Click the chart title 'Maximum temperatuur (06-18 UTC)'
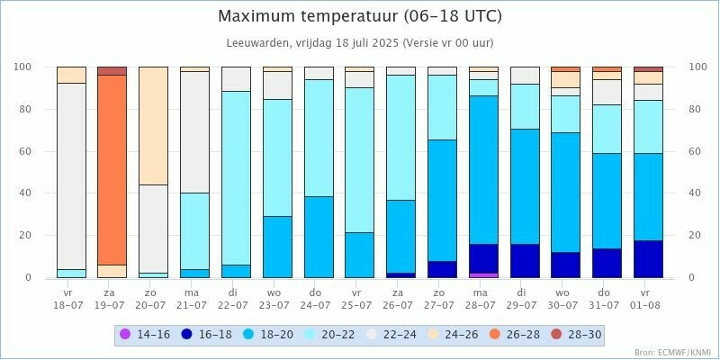coord(360,17)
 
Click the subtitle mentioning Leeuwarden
coord(360,42)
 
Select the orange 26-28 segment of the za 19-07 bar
coord(112,169)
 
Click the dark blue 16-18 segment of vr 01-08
coord(648,259)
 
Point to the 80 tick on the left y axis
coord(25,109)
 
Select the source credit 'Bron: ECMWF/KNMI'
coord(670,353)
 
